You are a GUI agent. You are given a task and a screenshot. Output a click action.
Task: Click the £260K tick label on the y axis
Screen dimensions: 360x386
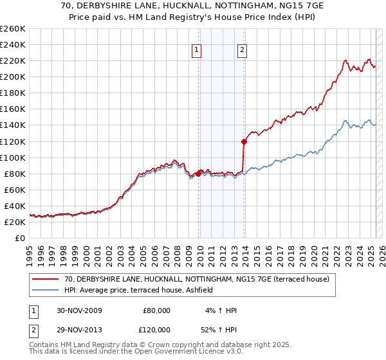point(12,28)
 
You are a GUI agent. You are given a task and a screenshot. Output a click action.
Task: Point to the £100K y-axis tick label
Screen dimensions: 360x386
point(12,157)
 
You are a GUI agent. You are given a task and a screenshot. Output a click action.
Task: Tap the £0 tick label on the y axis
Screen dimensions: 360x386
point(21,238)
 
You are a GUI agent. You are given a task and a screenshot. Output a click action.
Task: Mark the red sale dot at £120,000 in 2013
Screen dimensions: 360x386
point(244,141)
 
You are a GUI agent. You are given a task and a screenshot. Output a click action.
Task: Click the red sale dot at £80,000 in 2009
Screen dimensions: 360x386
point(199,174)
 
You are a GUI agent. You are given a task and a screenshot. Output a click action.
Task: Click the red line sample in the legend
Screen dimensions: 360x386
point(46,279)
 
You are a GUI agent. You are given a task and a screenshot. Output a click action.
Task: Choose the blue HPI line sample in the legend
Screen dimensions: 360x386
point(46,291)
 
